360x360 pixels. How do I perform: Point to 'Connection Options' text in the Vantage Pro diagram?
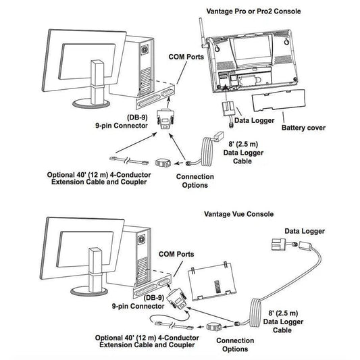pos(195,181)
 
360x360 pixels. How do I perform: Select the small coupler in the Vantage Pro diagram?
pos(161,163)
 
